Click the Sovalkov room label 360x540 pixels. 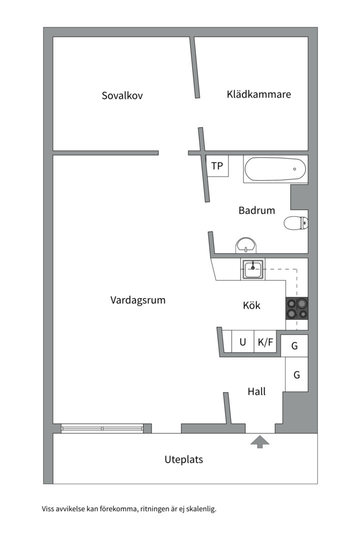[x=122, y=95]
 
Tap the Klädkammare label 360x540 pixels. [x=258, y=94]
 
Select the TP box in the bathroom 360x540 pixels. [x=217, y=166]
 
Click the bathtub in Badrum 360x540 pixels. [x=275, y=169]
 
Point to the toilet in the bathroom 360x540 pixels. [x=296, y=223]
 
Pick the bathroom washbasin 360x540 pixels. [x=245, y=245]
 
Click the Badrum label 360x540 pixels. [x=256, y=210]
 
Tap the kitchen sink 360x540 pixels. [x=253, y=269]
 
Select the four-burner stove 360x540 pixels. [x=297, y=308]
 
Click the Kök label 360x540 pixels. [x=251, y=305]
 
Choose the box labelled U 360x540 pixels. [x=243, y=341]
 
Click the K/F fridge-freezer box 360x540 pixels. [x=265, y=341]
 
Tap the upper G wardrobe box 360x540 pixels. [x=294, y=345]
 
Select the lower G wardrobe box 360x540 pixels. [x=296, y=374]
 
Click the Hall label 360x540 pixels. [x=256, y=391]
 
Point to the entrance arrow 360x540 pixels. [x=260, y=442]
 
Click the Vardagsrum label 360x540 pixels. [x=138, y=300]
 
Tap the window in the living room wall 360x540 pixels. [x=102, y=428]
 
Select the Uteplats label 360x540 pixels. [x=183, y=459]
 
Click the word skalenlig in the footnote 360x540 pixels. [x=202, y=508]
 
